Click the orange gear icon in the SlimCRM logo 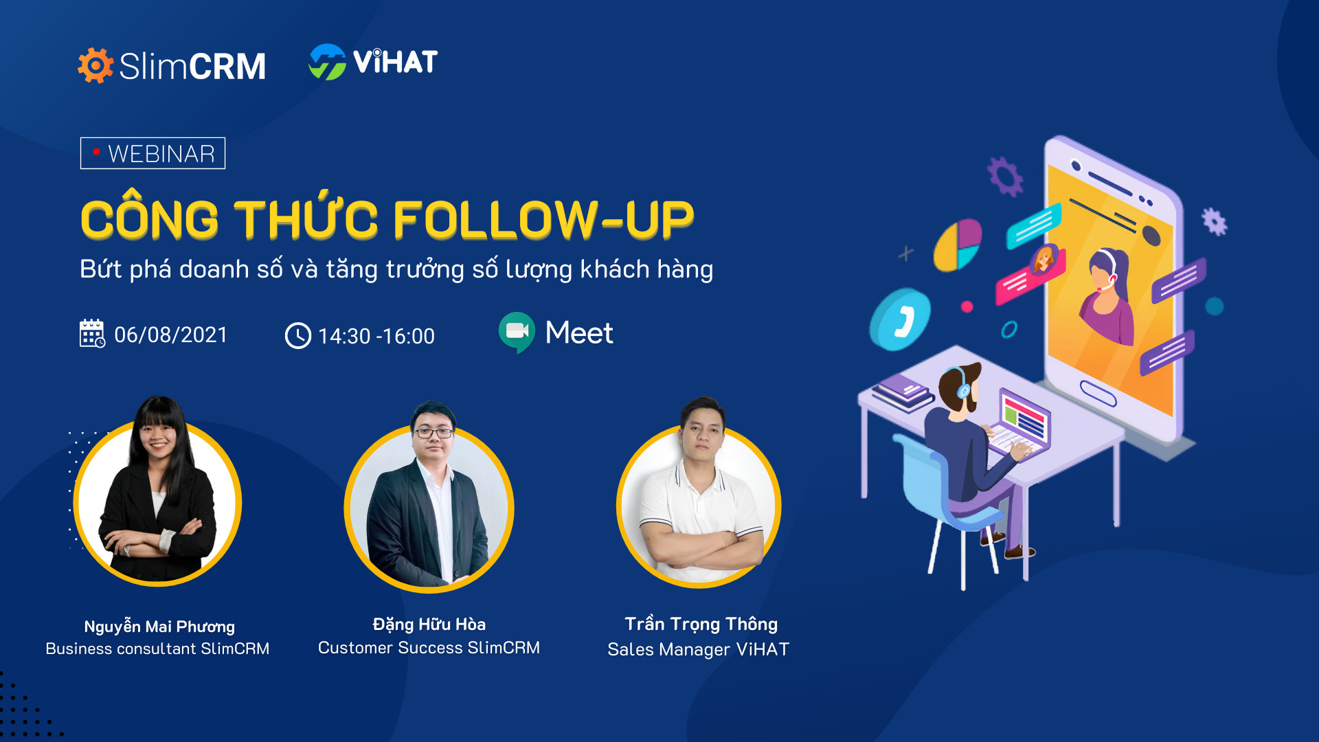point(95,65)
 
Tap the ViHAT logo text point(395,62)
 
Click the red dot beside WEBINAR point(97,151)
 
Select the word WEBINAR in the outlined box point(161,154)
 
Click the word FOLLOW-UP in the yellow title point(543,220)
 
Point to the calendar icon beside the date point(92,333)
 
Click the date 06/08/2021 point(170,335)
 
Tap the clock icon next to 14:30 point(298,336)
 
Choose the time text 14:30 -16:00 point(376,336)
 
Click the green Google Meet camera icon point(517,333)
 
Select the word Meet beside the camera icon point(579,333)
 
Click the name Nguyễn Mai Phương point(159,627)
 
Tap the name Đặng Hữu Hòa point(429,625)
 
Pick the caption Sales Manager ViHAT point(699,649)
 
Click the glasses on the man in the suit point(433,433)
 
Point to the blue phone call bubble point(900,319)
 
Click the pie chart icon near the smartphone point(957,245)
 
